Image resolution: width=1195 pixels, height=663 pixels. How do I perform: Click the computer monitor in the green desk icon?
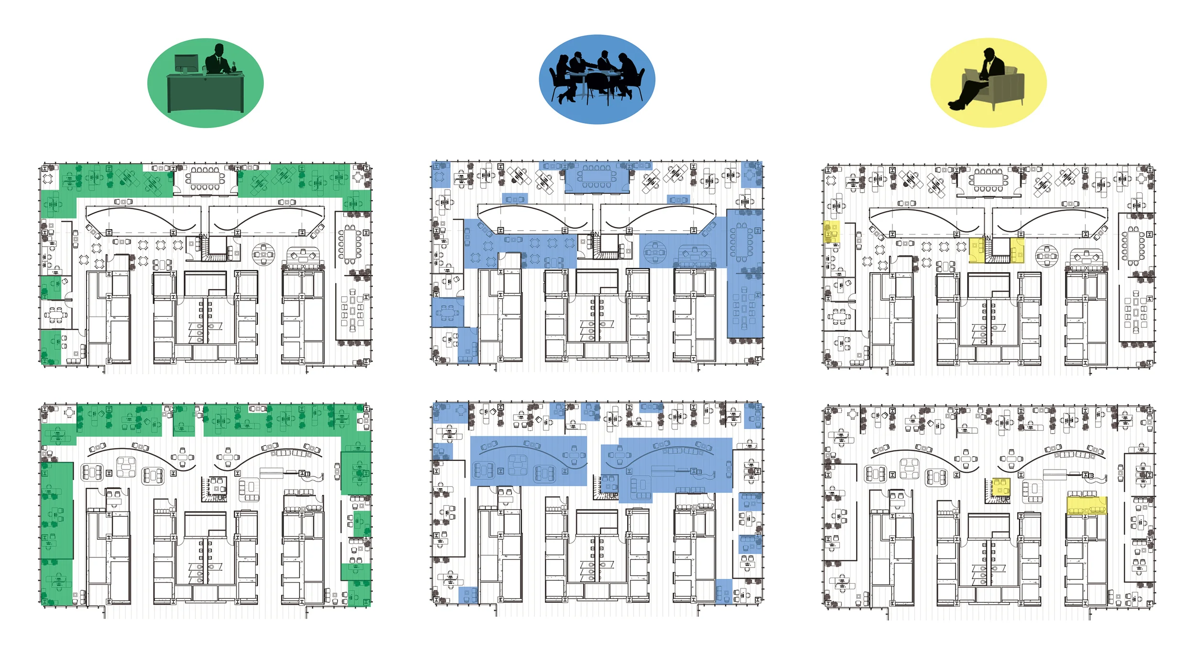[186, 64]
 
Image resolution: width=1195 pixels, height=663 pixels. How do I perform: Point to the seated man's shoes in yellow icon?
[956, 105]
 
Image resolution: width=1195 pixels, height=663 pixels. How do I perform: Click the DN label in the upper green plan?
[203, 236]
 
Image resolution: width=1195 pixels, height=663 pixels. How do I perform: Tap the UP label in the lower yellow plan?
[1006, 499]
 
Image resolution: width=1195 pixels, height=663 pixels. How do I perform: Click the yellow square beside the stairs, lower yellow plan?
[1001, 487]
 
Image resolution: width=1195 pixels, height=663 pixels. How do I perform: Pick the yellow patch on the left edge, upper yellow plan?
[832, 231]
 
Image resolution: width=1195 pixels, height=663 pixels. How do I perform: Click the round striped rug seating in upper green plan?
[263, 255]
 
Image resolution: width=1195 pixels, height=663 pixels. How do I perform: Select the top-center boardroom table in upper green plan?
[205, 178]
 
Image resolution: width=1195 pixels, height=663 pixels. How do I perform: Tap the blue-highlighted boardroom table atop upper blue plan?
[597, 177]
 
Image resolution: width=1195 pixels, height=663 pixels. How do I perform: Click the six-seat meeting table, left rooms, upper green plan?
[56, 315]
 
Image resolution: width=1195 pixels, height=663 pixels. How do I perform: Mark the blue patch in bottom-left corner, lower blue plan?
[467, 595]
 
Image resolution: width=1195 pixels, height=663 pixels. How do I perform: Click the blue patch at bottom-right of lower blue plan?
[723, 591]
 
